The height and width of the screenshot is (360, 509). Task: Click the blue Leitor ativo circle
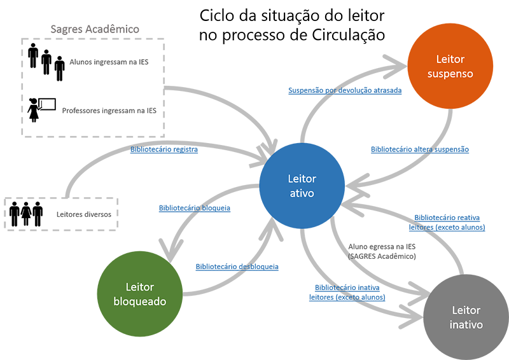(x=301, y=186)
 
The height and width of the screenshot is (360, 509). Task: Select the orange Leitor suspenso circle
(x=450, y=66)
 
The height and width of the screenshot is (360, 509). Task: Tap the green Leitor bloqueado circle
(x=139, y=294)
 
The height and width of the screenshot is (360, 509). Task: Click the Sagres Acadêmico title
(x=95, y=29)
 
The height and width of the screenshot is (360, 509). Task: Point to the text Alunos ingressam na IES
(x=109, y=63)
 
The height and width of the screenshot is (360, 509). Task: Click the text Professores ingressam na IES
(x=109, y=111)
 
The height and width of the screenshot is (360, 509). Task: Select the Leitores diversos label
(x=83, y=214)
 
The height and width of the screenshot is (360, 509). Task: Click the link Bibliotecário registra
(x=164, y=149)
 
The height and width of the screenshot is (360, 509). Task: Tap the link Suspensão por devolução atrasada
(x=345, y=90)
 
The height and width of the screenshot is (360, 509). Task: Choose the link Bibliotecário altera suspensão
(x=420, y=149)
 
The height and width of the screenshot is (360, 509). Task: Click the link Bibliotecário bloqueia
(x=194, y=208)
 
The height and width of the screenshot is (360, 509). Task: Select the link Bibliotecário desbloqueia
(x=237, y=267)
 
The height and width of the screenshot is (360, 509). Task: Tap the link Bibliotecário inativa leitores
(x=347, y=292)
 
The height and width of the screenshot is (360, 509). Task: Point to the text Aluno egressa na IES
(x=382, y=246)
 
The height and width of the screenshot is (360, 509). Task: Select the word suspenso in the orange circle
(x=450, y=74)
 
